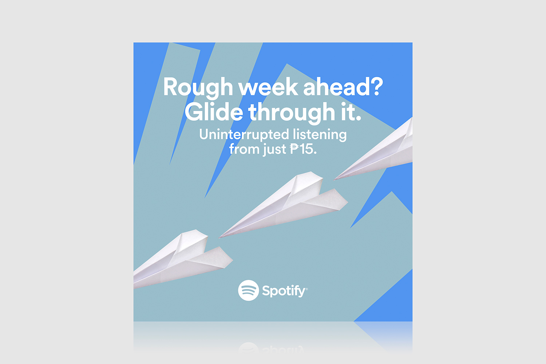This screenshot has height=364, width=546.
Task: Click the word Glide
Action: click(214, 112)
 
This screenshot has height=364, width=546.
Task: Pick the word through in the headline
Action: click(292, 113)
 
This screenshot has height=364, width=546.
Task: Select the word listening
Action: click(320, 135)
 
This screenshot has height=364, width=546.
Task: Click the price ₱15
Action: click(303, 149)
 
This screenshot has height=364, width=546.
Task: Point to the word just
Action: click(274, 150)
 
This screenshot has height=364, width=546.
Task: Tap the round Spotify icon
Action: click(248, 290)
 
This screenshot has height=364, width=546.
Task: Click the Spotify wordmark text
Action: click(284, 291)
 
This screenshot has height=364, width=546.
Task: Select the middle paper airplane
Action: click(284, 205)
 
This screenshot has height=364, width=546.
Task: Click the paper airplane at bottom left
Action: click(183, 259)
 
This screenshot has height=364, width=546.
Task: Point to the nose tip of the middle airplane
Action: click(219, 237)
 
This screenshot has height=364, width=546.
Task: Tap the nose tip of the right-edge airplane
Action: click(334, 180)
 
